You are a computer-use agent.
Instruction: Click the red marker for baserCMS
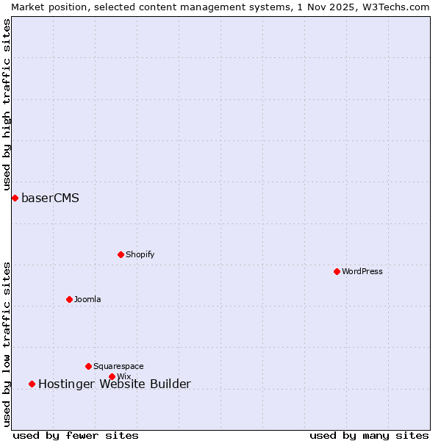[x=15, y=198]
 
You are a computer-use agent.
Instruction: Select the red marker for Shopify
[x=121, y=254]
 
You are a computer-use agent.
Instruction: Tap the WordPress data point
[x=337, y=271]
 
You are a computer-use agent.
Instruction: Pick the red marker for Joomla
[x=69, y=299]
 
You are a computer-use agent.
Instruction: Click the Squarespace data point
[x=88, y=366]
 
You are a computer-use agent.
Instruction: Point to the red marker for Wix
[x=112, y=376]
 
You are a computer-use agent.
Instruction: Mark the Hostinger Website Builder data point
[x=32, y=384]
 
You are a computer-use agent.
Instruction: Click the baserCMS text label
[x=50, y=198]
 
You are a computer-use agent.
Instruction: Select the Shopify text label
[x=140, y=254]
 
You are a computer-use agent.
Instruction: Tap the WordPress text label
[x=362, y=271]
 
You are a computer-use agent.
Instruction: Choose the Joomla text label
[x=87, y=299]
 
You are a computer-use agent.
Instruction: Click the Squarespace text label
[x=118, y=366]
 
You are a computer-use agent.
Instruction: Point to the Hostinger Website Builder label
[x=114, y=384]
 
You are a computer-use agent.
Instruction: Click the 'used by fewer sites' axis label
[x=76, y=435]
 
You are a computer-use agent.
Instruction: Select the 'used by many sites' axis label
[x=369, y=435]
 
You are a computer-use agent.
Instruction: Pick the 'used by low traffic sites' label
[x=7, y=344]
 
